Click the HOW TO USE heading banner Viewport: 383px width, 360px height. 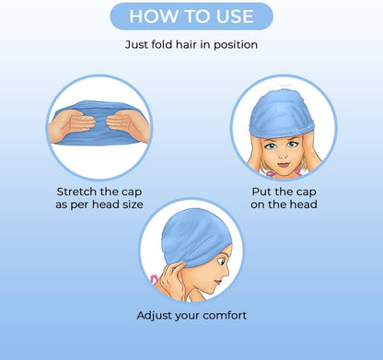click(x=191, y=17)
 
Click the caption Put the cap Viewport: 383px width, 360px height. click(x=284, y=192)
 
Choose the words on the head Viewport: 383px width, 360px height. click(x=284, y=204)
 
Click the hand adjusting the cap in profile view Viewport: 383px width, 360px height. click(x=164, y=273)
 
